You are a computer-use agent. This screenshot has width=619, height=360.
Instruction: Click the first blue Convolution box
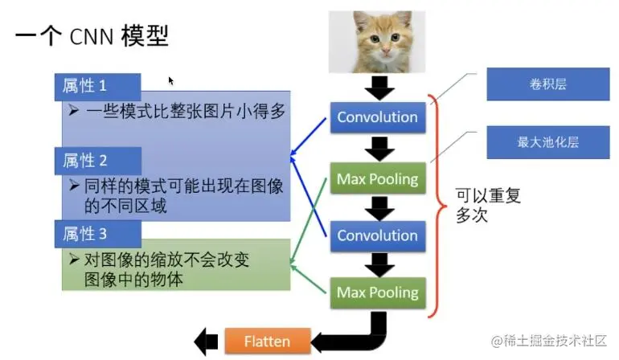pyautogui.click(x=378, y=117)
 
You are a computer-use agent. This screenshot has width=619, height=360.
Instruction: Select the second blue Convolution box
pyautogui.click(x=378, y=235)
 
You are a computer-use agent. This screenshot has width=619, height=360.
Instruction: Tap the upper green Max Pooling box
pyautogui.click(x=378, y=179)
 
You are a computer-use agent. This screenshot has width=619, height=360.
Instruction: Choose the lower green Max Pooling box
pyautogui.click(x=378, y=292)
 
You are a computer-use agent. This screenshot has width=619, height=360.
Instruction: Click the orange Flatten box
pyautogui.click(x=268, y=341)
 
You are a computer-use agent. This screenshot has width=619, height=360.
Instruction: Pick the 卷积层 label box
pyautogui.click(x=548, y=84)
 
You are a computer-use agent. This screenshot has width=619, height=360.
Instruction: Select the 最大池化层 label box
pyautogui.click(x=548, y=142)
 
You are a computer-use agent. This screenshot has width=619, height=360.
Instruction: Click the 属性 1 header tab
pyautogui.click(x=97, y=86)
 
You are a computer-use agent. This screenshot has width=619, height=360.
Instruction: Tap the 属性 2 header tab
pyautogui.click(x=98, y=161)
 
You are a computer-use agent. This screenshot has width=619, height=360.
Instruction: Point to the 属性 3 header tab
pyautogui.click(x=98, y=234)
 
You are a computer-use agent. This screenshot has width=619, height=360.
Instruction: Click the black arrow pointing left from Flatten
pyautogui.click(x=206, y=342)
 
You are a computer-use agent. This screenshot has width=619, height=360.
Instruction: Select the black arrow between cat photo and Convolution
pyautogui.click(x=379, y=88)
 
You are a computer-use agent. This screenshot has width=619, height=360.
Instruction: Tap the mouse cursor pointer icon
pyautogui.click(x=170, y=80)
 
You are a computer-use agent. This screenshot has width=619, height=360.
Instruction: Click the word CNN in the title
pyautogui.click(x=91, y=37)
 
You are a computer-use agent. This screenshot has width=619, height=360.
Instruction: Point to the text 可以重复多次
pyautogui.click(x=488, y=205)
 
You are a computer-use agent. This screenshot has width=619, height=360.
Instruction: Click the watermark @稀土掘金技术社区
pyautogui.click(x=549, y=340)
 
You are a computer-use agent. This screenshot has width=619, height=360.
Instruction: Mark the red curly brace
pyautogui.click(x=437, y=206)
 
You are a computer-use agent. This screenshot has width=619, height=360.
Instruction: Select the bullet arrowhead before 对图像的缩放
pyautogui.click(x=74, y=260)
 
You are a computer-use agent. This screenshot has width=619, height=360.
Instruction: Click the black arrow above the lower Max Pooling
pyautogui.click(x=379, y=265)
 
